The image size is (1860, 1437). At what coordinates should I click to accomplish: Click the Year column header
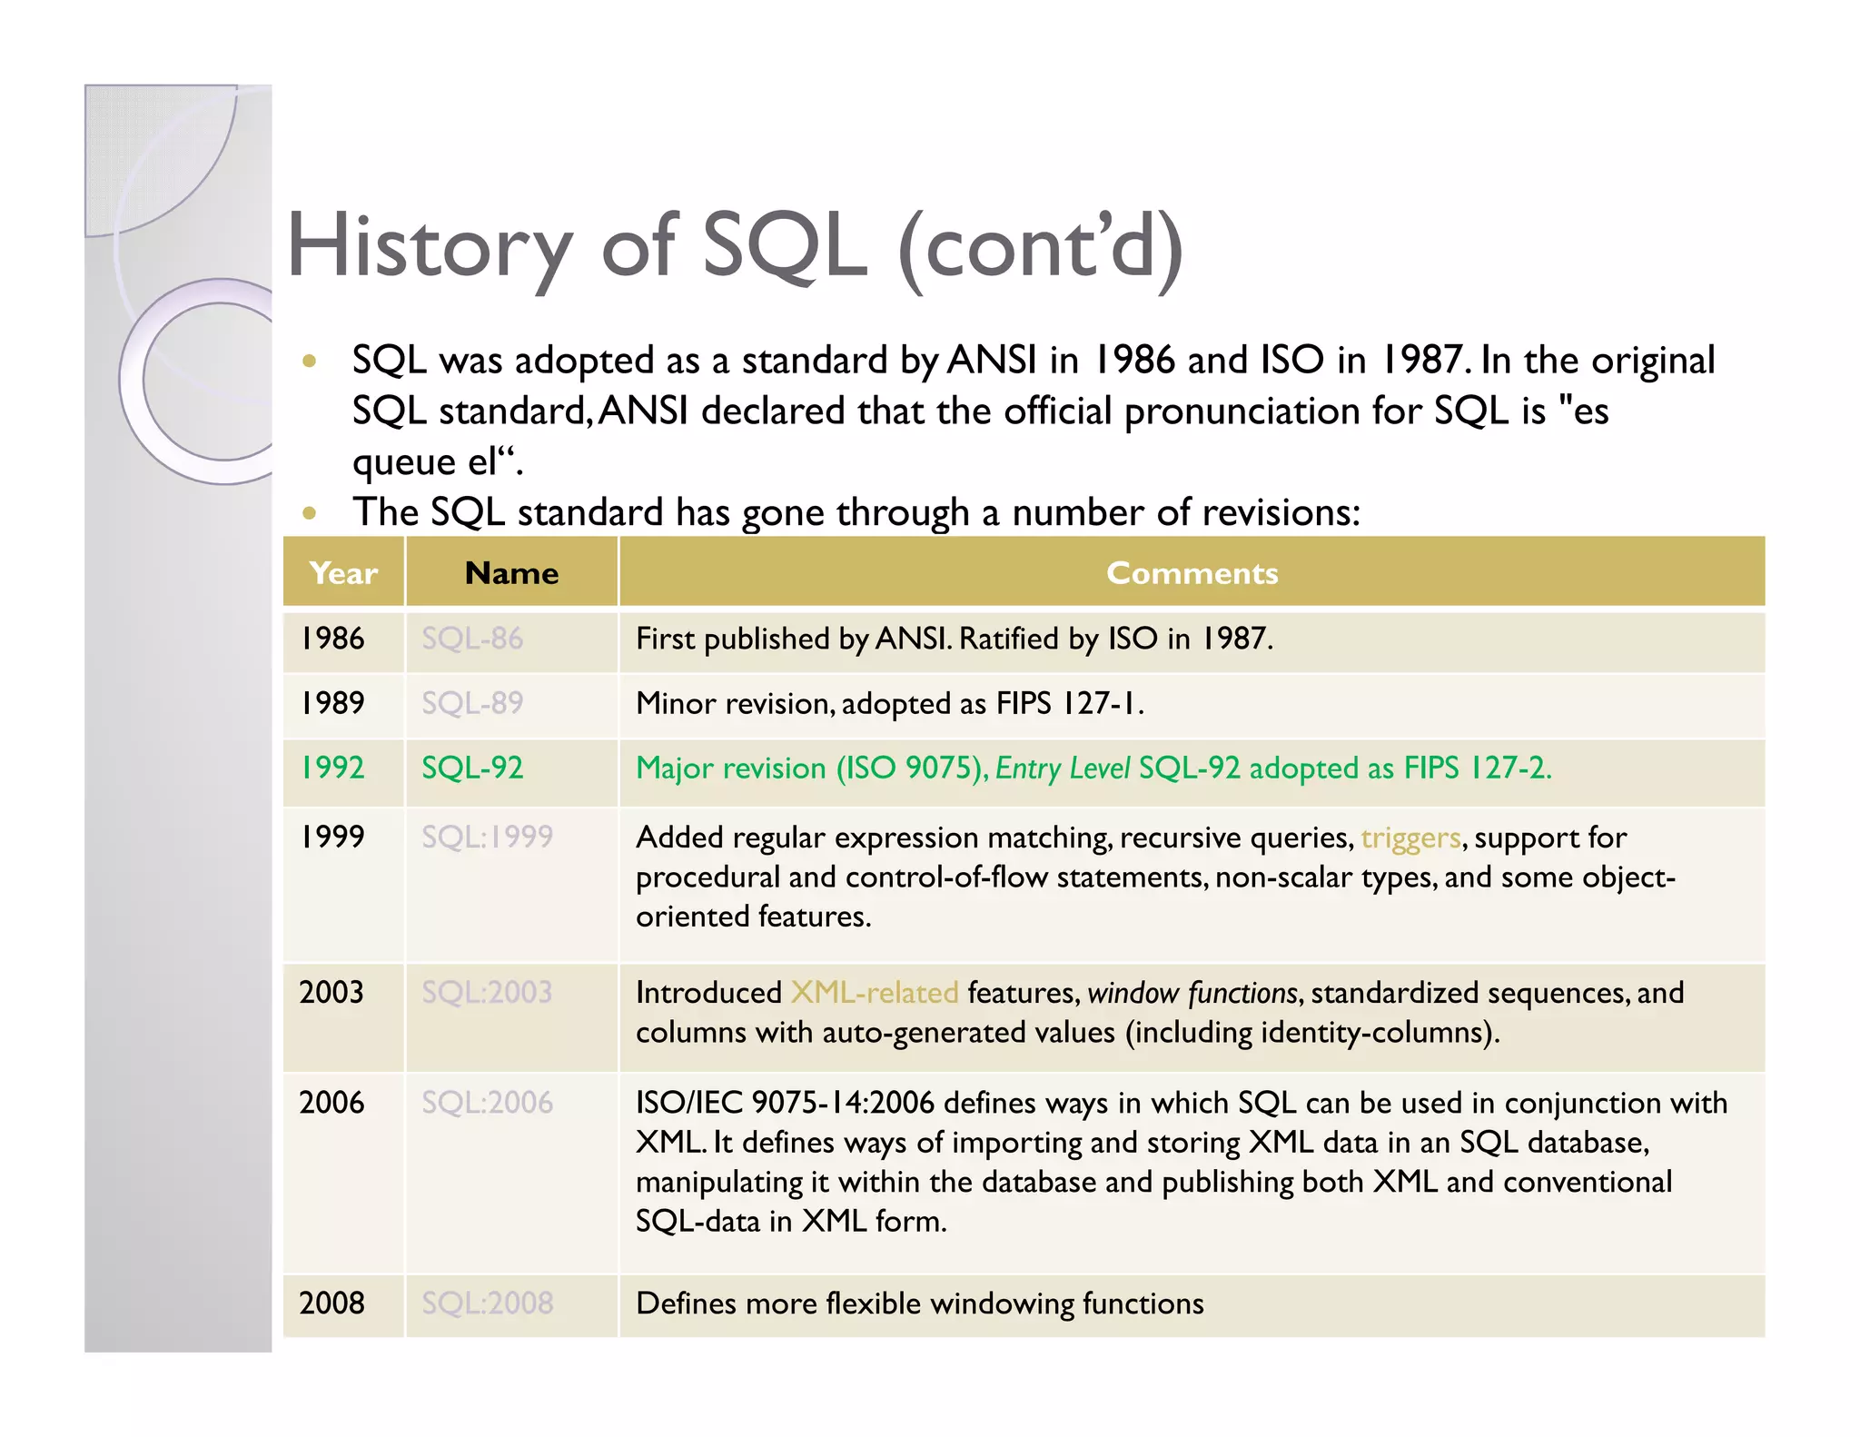pos(343,573)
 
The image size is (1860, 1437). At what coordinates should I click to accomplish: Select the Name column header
pos(511,573)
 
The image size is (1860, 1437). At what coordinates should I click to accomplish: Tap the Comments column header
pos(1192,573)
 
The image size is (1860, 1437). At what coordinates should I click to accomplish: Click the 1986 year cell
pos(332,639)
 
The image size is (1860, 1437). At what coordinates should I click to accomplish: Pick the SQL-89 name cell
pos(472,703)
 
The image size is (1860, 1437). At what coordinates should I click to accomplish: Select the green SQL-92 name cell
pos(472,768)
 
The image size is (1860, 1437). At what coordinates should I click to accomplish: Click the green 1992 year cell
pos(332,768)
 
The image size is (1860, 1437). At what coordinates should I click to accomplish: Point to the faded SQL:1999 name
pos(487,837)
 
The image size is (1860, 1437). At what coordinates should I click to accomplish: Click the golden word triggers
pos(1410,837)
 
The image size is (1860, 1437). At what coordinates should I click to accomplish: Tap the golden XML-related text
pos(874,993)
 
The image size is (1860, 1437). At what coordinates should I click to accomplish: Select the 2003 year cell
pos(331,992)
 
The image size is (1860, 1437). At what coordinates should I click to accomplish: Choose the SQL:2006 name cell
pos(487,1103)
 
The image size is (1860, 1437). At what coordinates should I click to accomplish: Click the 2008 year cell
pos(331,1303)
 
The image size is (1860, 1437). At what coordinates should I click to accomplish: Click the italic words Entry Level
pos(1063,768)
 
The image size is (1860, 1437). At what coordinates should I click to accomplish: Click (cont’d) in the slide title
pos(1041,247)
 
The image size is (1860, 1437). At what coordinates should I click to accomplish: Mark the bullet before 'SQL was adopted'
pos(310,362)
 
